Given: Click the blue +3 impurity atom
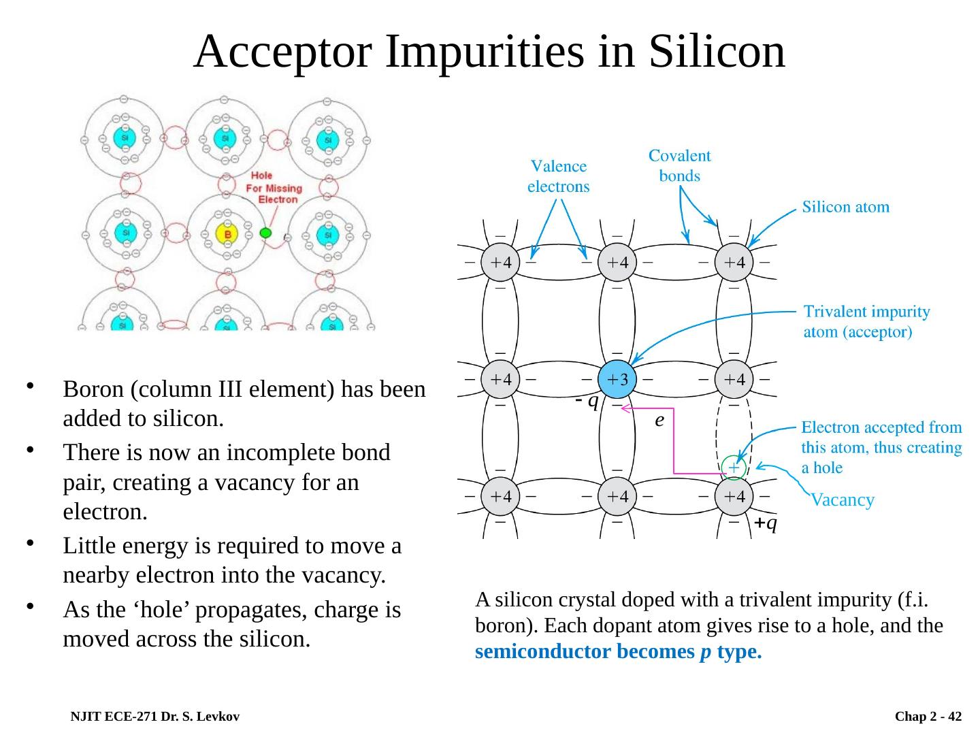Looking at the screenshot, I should [x=617, y=379].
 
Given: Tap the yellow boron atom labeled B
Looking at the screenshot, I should [x=227, y=235].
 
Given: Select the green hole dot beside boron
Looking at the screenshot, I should [x=266, y=233].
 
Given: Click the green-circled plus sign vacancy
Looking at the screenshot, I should [x=734, y=468].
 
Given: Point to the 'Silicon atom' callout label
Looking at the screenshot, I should [x=846, y=206].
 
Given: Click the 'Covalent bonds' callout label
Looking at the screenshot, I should [x=679, y=165].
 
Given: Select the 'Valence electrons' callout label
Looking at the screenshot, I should [x=559, y=176].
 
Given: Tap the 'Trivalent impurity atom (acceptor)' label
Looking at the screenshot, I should [x=867, y=322].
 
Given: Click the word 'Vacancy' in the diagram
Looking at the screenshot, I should [x=843, y=500].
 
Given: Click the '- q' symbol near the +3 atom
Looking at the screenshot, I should [x=586, y=402].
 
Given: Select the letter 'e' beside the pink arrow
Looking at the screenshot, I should [x=659, y=421].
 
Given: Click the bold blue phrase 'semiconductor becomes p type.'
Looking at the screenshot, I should [x=618, y=652].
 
